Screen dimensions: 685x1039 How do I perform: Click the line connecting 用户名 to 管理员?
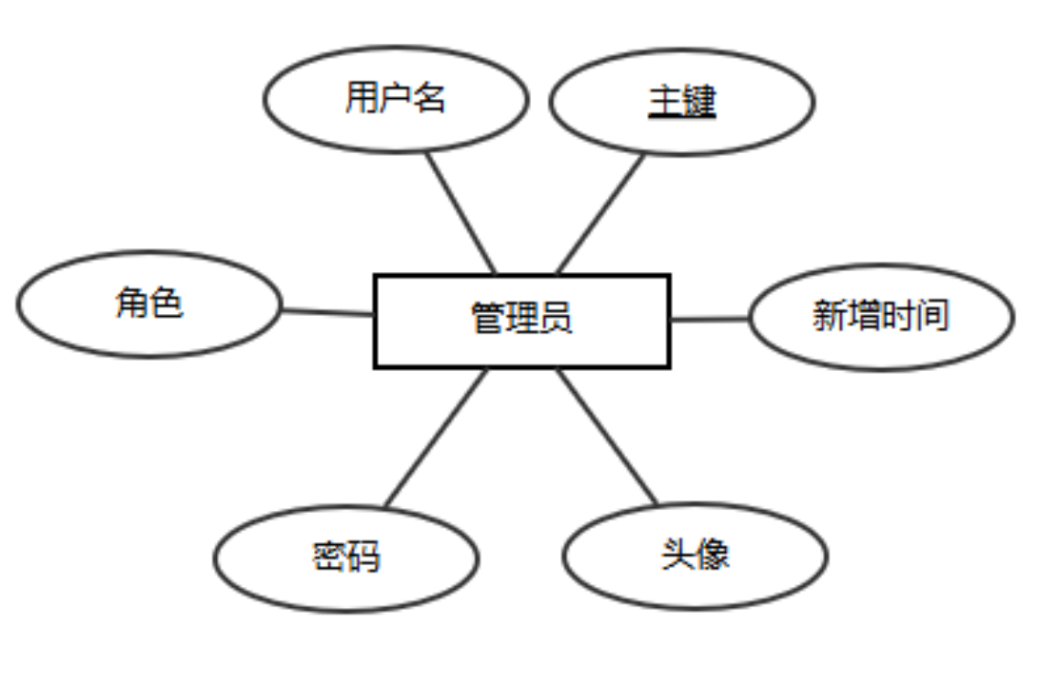tap(461, 212)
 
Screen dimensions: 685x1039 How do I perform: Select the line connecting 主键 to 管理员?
tap(600, 213)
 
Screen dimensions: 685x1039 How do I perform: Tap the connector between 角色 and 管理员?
tap(327, 311)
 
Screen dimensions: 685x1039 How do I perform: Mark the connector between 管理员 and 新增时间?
tap(710, 319)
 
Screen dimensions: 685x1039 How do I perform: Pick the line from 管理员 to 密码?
tap(437, 438)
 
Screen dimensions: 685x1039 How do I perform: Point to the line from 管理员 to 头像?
tap(607, 437)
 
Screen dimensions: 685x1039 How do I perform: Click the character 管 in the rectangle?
tap(487, 319)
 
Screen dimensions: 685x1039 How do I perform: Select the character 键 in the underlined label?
tap(699, 101)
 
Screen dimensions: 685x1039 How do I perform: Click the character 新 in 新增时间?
tap(829, 315)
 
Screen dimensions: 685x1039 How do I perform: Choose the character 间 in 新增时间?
tap(932, 315)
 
